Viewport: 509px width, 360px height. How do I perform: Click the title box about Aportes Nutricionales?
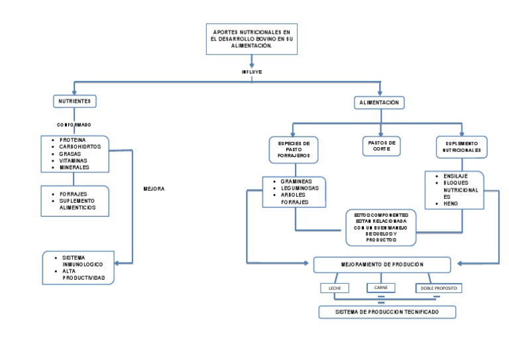(251, 39)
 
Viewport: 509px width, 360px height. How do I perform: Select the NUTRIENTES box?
(75, 101)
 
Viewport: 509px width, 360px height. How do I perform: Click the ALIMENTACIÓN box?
(380, 103)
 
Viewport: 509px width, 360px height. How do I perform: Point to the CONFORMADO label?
(74, 124)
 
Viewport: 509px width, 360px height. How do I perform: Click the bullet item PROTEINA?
(72, 141)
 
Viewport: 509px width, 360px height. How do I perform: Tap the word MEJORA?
(154, 189)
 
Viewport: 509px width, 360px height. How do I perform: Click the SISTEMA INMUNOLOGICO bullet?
(82, 261)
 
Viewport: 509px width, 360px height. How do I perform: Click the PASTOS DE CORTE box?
(381, 146)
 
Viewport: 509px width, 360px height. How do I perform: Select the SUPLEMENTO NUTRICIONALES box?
(461, 147)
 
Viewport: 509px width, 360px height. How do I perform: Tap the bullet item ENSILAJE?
(456, 176)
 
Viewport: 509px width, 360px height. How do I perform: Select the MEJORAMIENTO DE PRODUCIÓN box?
(382, 265)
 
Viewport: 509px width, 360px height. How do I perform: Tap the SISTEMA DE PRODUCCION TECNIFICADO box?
(387, 311)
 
